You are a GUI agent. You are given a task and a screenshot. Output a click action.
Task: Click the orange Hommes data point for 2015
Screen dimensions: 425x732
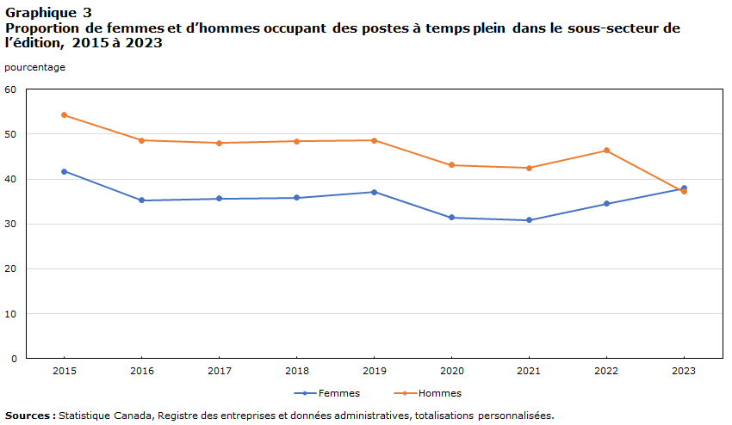pos(65,115)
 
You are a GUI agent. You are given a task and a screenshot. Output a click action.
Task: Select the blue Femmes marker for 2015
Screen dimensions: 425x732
pos(65,171)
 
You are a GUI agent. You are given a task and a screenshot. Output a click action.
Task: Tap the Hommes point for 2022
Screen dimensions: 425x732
pos(606,151)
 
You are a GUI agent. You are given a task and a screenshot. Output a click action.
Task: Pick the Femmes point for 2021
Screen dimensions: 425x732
pos(529,220)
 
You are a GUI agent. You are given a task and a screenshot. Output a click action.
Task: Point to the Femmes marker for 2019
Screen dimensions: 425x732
pos(374,192)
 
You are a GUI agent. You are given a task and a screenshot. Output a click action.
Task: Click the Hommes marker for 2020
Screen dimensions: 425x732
pos(451,165)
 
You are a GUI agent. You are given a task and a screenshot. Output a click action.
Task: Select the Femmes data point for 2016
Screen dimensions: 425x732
pos(142,200)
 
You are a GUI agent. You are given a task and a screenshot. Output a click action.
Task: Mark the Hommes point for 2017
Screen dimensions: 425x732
pos(219,143)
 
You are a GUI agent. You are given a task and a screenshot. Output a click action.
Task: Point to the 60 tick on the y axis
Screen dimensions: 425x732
pos(10,89)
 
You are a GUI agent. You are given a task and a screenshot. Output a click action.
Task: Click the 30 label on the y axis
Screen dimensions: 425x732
pos(10,224)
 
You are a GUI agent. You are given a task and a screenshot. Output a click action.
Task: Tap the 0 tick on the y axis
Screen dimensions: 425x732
pos(14,358)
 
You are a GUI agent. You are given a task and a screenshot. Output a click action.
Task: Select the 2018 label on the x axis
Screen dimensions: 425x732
pos(296,371)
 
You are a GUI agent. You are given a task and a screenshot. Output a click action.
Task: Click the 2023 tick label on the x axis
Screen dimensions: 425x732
pos(684,371)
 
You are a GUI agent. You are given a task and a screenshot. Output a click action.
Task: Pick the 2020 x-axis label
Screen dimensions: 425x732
pos(451,371)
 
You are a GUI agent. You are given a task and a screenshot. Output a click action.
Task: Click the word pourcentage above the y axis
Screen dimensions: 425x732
pos(34,67)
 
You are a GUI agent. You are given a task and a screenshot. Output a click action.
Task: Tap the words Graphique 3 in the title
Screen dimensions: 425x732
pos(48,13)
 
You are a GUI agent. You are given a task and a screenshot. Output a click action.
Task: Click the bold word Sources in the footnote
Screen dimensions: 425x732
pos(28,415)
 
